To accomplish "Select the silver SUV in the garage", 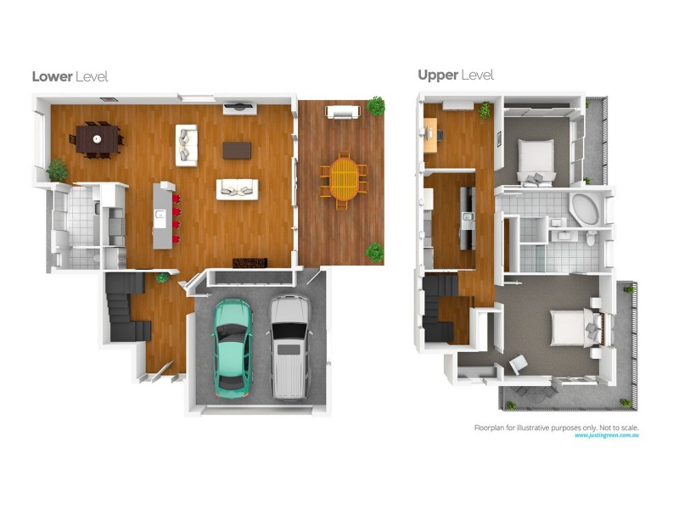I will [289, 346].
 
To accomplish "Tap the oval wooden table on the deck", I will [344, 177].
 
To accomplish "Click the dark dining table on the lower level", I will [98, 137].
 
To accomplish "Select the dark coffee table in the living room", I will [237, 150].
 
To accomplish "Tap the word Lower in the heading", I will [52, 76].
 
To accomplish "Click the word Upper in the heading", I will [437, 76].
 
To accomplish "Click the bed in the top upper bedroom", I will [536, 157].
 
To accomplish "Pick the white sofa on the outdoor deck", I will [343, 112].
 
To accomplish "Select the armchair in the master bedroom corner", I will [517, 363].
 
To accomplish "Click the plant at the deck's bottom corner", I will [374, 252].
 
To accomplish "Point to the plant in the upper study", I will [485, 110].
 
